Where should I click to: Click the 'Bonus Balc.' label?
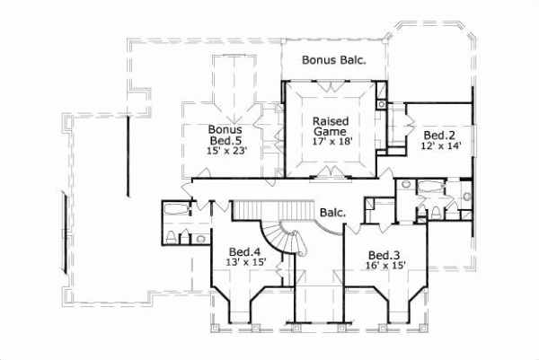(333, 61)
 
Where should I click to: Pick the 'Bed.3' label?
(384, 254)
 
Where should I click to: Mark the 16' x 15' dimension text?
(384, 266)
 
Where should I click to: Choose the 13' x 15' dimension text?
(243, 263)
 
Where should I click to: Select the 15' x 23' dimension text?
(226, 152)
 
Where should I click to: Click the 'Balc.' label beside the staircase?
(335, 213)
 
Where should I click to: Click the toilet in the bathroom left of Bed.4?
(172, 237)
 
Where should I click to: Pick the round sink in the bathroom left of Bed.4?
(186, 238)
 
